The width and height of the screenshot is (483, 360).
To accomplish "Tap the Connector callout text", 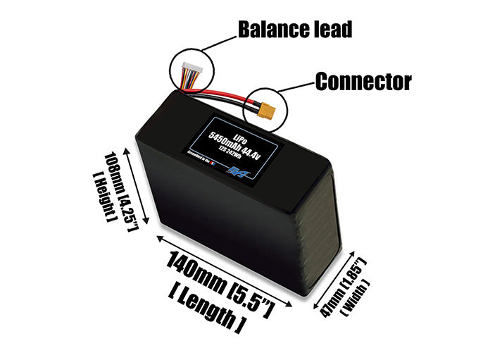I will [363, 82].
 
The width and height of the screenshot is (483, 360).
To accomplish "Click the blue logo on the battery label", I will [235, 170].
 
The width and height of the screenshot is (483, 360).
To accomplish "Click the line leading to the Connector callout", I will [296, 87].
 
